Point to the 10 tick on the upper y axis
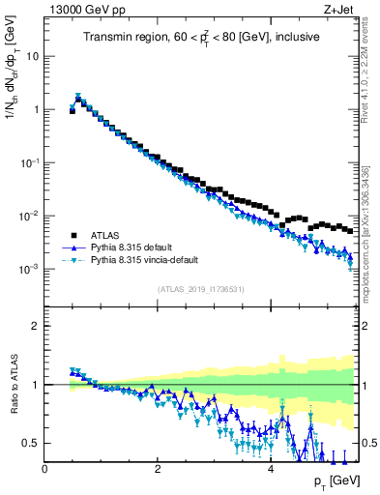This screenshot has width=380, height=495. (x=32, y=56)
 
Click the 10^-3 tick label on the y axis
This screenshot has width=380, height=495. (x=29, y=269)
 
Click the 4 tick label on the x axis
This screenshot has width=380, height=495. (x=270, y=469)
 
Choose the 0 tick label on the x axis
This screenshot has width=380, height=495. (x=44, y=469)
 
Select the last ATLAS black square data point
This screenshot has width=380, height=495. (x=349, y=230)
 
